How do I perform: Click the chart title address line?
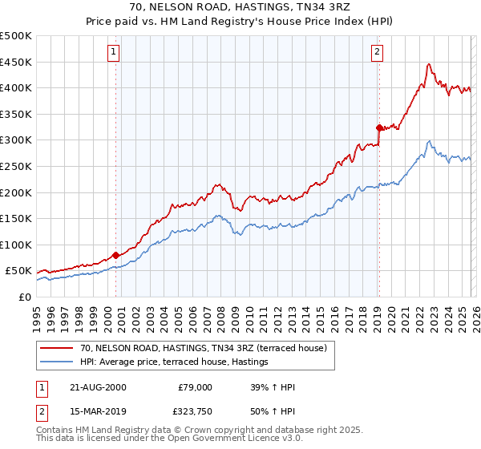pos(240,7)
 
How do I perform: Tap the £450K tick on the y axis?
pos(16,62)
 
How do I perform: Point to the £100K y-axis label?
pos(16,245)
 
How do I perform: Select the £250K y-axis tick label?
pos(16,166)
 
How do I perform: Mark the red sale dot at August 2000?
pos(115,255)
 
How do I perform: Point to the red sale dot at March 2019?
pos(378,127)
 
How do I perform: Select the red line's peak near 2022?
pos(430,64)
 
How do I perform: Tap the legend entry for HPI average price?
pos(173,362)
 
